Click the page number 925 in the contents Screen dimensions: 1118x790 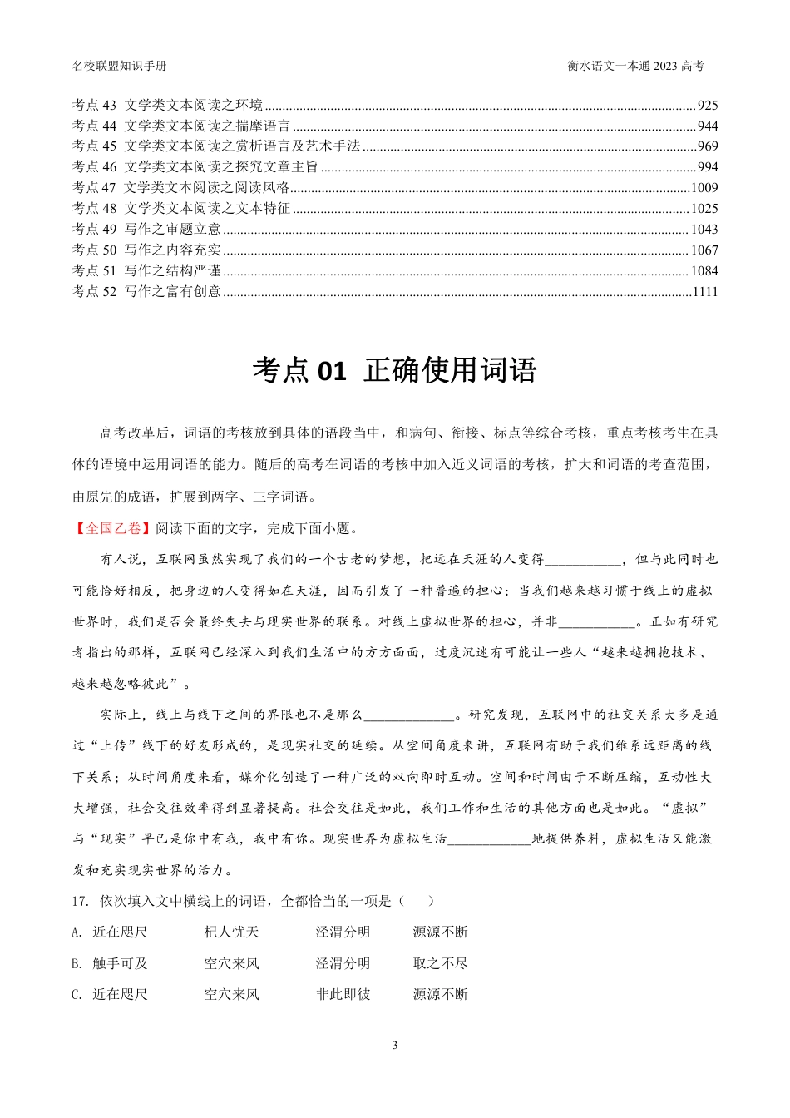point(708,106)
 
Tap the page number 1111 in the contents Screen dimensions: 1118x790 point(704,292)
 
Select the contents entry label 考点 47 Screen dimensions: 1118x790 point(94,188)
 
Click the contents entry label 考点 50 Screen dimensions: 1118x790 point(94,250)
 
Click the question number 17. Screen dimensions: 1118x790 point(80,901)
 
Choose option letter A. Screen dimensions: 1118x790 point(77,932)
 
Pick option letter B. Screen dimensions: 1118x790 point(77,964)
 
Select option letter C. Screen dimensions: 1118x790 point(77,995)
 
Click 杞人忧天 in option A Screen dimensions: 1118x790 point(231,932)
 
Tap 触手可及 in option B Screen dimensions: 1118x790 point(120,964)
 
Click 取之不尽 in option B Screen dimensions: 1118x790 point(440,964)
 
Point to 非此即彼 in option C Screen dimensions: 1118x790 point(343,995)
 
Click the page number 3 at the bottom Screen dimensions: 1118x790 point(394,1046)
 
